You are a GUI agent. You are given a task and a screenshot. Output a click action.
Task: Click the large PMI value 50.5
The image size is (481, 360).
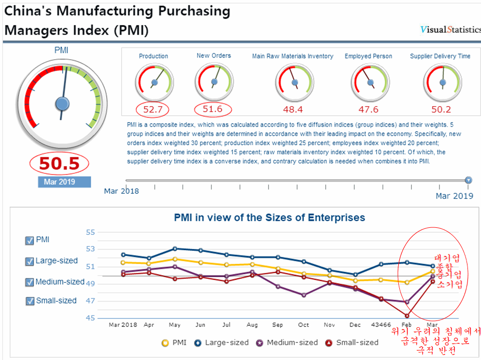[x=59, y=164]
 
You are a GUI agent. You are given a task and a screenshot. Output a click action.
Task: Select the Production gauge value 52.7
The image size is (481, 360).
[x=152, y=109]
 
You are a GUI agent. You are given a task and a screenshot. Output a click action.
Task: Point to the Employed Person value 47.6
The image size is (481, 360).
[x=368, y=109]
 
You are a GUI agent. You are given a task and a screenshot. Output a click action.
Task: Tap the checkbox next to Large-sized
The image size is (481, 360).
[x=29, y=261]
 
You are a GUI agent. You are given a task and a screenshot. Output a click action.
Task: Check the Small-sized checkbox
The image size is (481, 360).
[x=29, y=301]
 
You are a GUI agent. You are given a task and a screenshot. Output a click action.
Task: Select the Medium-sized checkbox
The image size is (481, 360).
[x=29, y=282]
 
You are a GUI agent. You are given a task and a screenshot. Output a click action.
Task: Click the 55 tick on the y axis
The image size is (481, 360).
[x=90, y=232]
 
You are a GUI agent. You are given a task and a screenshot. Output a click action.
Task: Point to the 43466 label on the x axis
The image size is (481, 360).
[x=381, y=325]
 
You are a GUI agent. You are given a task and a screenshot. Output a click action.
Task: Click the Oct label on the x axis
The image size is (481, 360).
[x=304, y=325]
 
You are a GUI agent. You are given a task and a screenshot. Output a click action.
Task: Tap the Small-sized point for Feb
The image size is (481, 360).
[x=407, y=315]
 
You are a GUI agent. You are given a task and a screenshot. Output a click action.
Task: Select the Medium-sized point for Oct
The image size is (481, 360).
[x=304, y=295]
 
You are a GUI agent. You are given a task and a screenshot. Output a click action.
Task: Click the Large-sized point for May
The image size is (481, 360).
[x=174, y=248]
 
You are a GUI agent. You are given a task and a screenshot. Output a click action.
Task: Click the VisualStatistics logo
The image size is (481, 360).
[x=450, y=30]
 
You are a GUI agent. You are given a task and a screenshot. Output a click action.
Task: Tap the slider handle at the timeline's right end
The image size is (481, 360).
[x=468, y=180]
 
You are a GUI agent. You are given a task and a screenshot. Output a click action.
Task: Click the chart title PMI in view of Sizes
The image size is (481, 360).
[x=269, y=218]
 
